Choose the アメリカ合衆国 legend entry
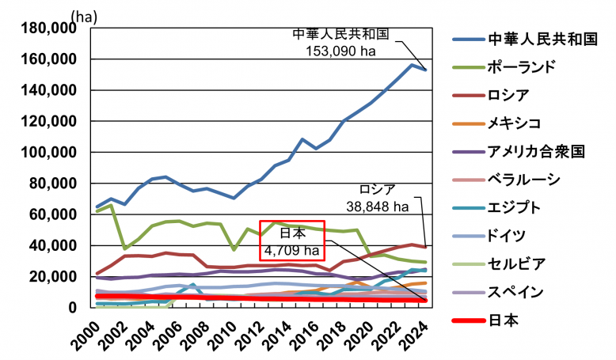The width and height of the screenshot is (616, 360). click(x=535, y=150)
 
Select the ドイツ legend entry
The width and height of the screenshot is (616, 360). click(x=507, y=235)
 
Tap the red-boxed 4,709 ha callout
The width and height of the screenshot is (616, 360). click(x=293, y=252)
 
